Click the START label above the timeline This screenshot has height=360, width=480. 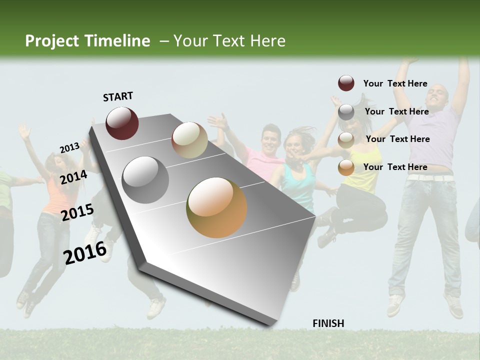tap(118, 96)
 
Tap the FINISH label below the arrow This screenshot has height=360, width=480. tap(328, 323)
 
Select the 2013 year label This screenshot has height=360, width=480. tap(69, 148)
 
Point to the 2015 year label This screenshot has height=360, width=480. tap(77, 212)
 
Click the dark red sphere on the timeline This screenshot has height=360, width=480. tap(122, 123)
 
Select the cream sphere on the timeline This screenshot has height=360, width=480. tap(189, 140)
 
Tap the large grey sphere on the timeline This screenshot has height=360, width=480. tap(145, 180)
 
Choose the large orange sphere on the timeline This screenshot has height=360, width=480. tap(216, 207)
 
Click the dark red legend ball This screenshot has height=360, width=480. tap(346, 83)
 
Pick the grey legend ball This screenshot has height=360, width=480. tap(346, 111)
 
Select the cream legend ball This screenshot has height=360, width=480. tap(346, 139)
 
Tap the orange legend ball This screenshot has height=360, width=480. tap(346, 167)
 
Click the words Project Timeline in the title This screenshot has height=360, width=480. tap(87, 41)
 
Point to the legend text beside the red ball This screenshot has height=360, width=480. tap(395, 83)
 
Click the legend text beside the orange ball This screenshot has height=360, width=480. tap(395, 167)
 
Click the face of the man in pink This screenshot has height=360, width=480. tap(270, 140)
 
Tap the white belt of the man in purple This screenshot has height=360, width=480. tap(430, 177)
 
